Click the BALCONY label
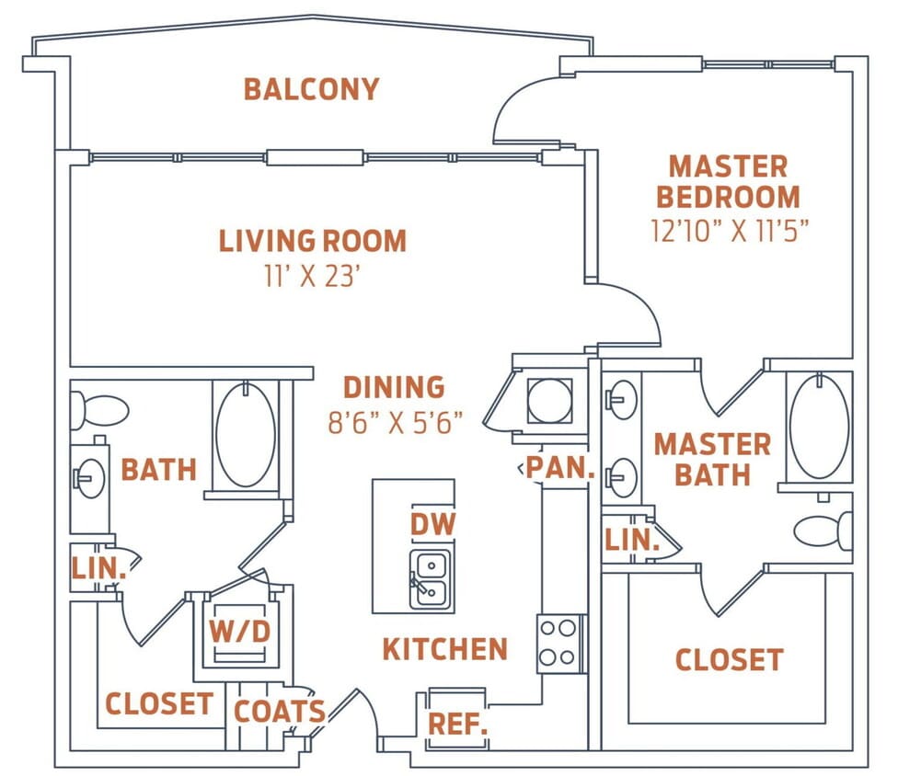click(x=311, y=89)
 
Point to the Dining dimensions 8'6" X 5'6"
click(x=395, y=422)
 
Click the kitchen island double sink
click(x=430, y=578)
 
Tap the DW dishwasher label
click(x=432, y=525)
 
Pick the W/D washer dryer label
click(x=239, y=633)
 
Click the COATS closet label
click(x=279, y=711)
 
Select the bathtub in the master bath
click(x=818, y=426)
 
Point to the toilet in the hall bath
click(x=99, y=410)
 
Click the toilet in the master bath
click(x=823, y=531)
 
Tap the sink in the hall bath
click(x=91, y=479)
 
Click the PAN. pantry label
click(x=559, y=468)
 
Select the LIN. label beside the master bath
click(x=632, y=541)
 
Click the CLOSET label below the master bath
click(x=729, y=659)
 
